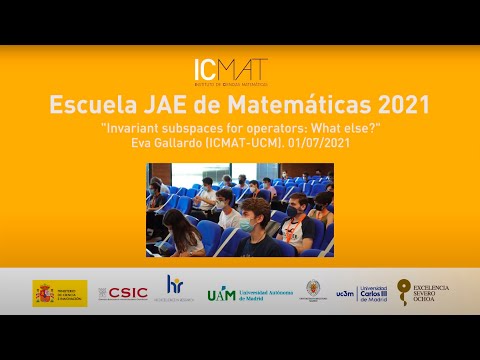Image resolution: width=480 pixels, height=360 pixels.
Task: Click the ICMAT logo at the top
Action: pos(230,71)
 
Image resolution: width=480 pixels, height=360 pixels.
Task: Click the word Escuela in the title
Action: pos(88,105)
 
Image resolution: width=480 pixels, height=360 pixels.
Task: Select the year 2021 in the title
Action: pos(396,105)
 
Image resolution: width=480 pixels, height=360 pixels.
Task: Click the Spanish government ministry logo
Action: pos(60,293)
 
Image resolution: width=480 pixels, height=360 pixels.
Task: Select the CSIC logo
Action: pos(123,293)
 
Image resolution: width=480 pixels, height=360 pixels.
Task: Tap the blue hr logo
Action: pos(174,288)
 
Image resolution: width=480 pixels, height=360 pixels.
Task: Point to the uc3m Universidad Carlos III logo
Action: pos(360,293)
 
